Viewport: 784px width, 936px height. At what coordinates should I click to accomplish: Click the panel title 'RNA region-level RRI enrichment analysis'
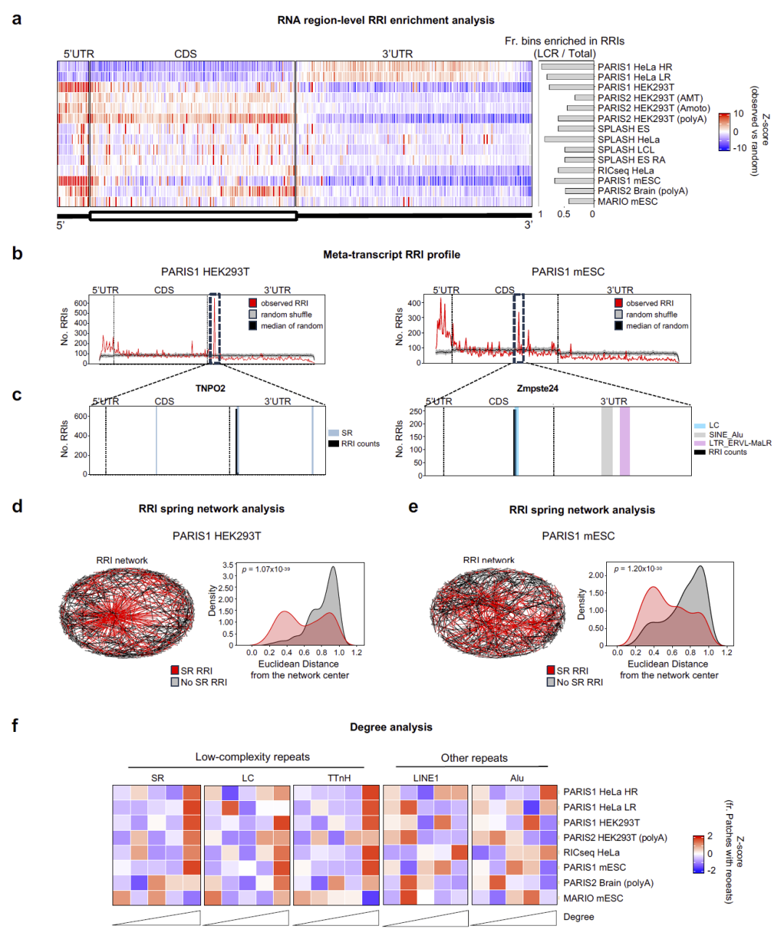[385, 20]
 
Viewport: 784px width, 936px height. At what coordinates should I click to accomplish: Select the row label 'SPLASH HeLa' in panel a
[628, 139]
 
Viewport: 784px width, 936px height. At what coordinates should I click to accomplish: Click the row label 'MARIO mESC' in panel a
[627, 201]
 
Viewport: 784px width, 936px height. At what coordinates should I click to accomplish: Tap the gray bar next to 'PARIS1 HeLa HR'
[567, 67]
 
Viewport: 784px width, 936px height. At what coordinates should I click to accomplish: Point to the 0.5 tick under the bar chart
[563, 214]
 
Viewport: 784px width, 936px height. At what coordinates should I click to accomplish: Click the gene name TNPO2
[210, 388]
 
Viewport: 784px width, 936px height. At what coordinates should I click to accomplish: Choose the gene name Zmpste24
[537, 388]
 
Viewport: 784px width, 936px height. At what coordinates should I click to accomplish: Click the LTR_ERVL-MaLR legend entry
[739, 443]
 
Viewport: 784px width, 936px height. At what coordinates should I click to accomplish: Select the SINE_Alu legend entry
[725, 434]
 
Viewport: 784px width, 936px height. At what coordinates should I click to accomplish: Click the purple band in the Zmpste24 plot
[624, 441]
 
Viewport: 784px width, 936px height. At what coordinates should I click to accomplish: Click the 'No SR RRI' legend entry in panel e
[579, 682]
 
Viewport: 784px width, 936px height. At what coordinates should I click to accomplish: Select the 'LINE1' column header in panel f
[425, 778]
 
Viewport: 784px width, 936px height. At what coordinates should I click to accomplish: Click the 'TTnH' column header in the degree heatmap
[338, 778]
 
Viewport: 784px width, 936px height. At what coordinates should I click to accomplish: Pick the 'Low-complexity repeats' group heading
[252, 757]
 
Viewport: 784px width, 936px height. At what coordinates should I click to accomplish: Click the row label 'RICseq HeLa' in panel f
[591, 852]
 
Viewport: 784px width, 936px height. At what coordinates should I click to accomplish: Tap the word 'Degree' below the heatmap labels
[579, 916]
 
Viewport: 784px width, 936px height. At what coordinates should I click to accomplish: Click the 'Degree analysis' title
[391, 727]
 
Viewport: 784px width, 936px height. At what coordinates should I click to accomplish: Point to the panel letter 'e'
[413, 507]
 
